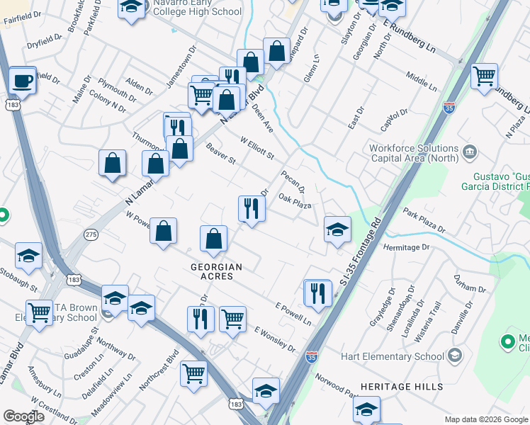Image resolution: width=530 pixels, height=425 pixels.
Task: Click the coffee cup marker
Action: [x=23, y=80]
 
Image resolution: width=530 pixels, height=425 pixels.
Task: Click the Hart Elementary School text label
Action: [x=393, y=356]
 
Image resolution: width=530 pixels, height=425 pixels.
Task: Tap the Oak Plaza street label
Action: [x=295, y=201]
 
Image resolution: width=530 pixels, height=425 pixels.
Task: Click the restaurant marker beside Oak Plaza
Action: [x=252, y=208]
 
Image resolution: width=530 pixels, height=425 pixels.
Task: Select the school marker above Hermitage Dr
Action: [x=337, y=229]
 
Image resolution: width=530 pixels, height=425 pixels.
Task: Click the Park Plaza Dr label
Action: [x=424, y=220]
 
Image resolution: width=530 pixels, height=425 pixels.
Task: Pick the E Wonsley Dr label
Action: [x=274, y=339]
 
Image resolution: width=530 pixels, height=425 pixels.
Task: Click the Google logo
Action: [x=24, y=416]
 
